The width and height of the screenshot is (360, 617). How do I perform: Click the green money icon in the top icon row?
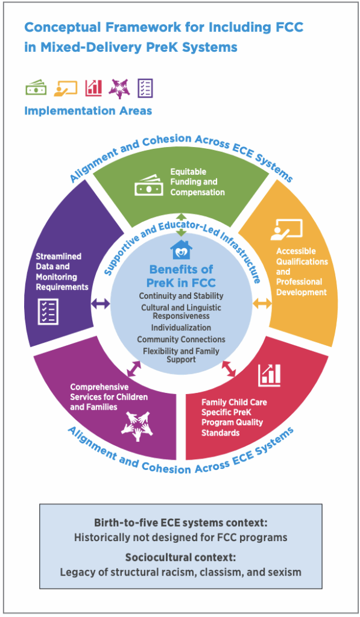pos(36,88)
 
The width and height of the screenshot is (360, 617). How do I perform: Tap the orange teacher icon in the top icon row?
pos(65,88)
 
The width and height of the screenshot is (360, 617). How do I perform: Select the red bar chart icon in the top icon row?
pos(93,88)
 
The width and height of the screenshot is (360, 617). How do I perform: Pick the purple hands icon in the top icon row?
pos(119,88)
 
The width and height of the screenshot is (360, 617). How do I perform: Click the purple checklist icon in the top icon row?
pos(145,88)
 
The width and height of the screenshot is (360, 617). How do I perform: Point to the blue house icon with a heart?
pos(181,249)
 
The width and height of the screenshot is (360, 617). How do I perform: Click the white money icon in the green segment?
pos(148,186)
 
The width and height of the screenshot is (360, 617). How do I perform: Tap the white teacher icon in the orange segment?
pos(286,230)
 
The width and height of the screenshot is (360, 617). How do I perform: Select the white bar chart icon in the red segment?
pos(270,375)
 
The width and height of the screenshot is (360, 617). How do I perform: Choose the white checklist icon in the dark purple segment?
pos(48,312)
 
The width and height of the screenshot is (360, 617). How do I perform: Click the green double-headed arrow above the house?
pos(181,225)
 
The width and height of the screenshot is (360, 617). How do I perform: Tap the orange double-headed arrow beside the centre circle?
pos(262,304)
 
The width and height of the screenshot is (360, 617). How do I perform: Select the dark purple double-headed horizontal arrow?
pos(101,304)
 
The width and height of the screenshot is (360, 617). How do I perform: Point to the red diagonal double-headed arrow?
pos(229,369)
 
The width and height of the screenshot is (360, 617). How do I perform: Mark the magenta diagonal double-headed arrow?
pos(133,369)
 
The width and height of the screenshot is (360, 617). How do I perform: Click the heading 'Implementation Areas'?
pos(88,111)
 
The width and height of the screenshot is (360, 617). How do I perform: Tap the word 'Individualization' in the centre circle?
pos(181,327)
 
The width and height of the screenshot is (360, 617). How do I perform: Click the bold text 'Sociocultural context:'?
pos(180,557)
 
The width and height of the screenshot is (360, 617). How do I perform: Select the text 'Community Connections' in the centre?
pos(181,339)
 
